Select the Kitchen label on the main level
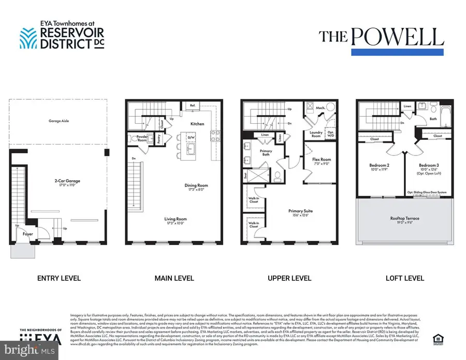(197, 124)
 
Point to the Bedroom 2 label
(380, 166)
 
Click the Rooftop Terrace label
(405, 218)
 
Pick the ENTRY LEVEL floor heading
(59, 278)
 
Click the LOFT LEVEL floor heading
(405, 278)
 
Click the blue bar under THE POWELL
(397, 52)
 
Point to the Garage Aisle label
(59, 121)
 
